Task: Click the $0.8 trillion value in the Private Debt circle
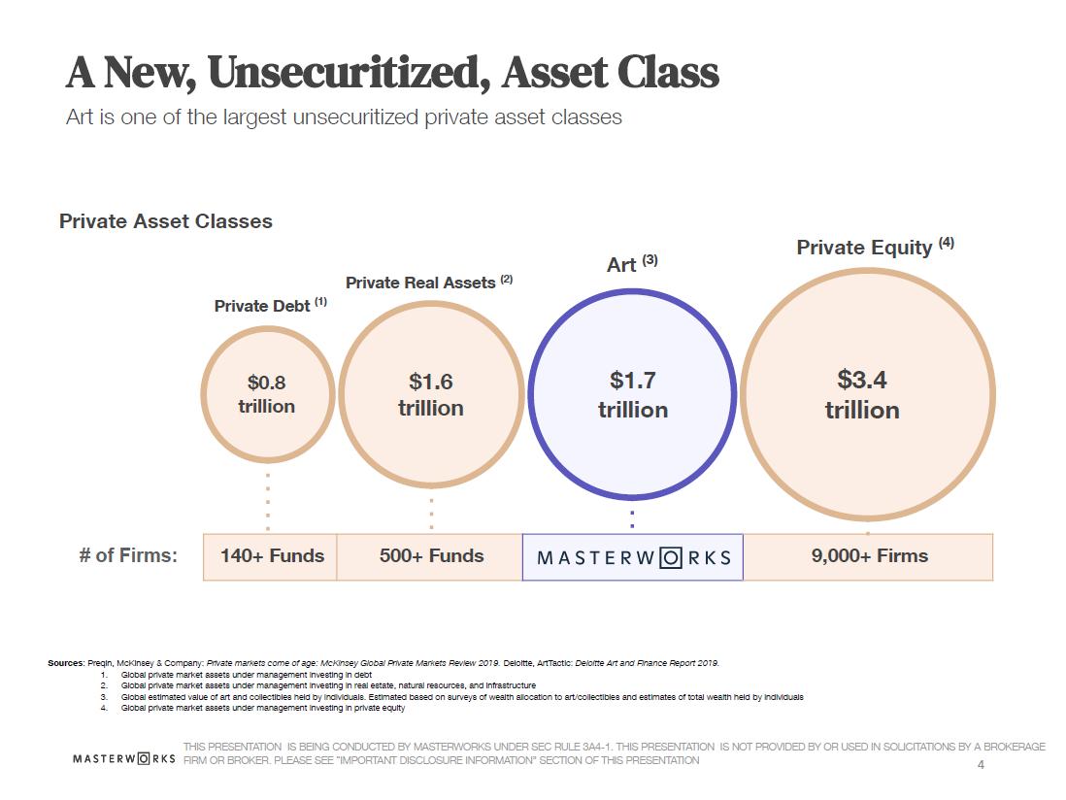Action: tap(267, 394)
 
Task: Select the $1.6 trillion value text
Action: tap(431, 394)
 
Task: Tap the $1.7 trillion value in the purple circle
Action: tap(633, 394)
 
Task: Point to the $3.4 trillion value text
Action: tap(862, 394)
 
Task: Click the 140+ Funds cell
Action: tap(272, 556)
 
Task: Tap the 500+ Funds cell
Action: tap(431, 556)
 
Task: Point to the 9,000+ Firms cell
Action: tap(870, 556)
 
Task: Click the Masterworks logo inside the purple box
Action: tap(633, 558)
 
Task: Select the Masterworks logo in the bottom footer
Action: tap(124, 757)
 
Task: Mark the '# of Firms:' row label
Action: tap(128, 556)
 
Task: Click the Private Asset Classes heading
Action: tap(166, 221)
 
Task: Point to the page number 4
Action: tap(981, 765)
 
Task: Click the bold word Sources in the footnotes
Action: tap(65, 663)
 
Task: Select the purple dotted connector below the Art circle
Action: tap(632, 519)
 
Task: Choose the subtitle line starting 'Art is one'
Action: tap(344, 117)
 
